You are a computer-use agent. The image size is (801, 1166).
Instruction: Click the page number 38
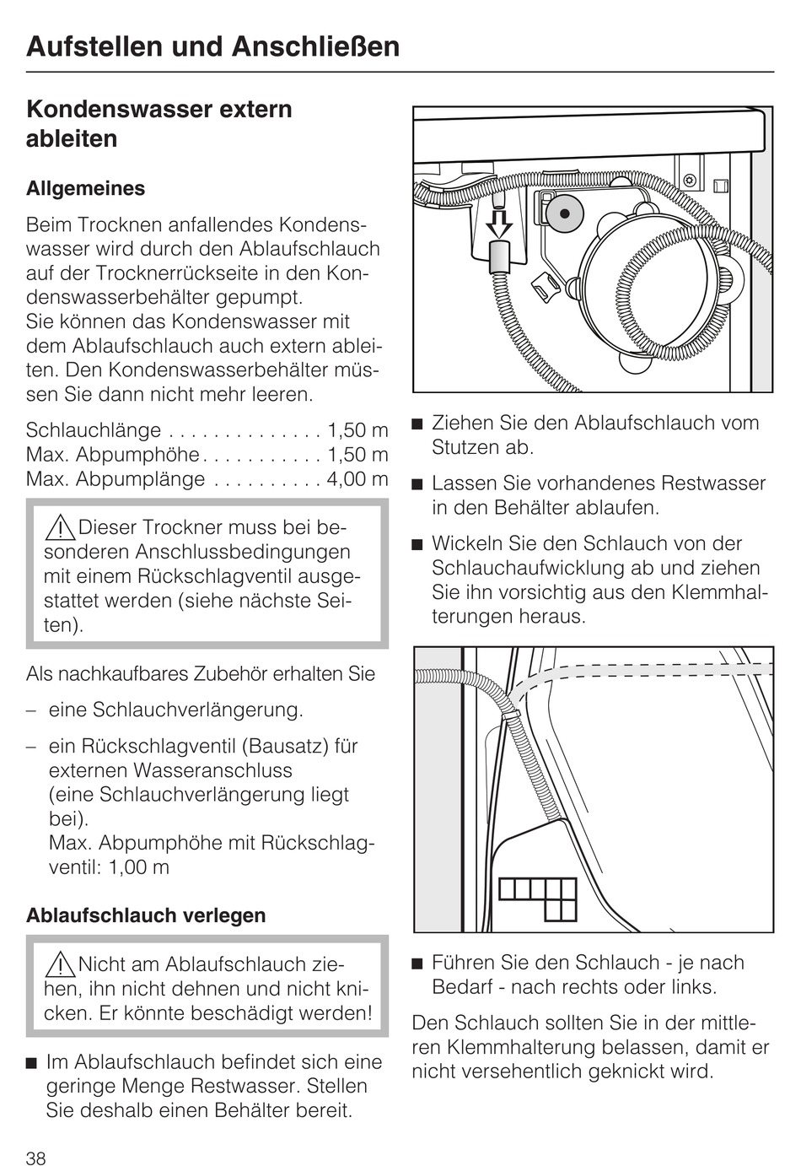pyautogui.click(x=36, y=1158)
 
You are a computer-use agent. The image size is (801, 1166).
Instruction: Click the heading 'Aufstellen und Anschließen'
pyautogui.click(x=212, y=46)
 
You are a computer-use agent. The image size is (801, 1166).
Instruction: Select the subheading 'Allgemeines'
pyautogui.click(x=85, y=188)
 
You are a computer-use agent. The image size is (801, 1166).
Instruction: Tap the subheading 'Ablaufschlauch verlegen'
pyautogui.click(x=146, y=915)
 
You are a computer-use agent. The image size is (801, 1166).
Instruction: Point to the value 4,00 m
pyautogui.click(x=357, y=479)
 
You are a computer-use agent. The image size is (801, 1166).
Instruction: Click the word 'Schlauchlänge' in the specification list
pyautogui.click(x=94, y=430)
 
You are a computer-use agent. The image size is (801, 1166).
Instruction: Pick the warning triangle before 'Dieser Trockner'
pyautogui.click(x=61, y=528)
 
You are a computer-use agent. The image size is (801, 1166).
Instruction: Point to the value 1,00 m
pyautogui.click(x=139, y=867)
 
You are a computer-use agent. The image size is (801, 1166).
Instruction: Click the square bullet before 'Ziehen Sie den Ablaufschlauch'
pyautogui.click(x=417, y=424)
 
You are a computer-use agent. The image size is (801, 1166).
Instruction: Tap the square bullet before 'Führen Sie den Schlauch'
pyautogui.click(x=417, y=963)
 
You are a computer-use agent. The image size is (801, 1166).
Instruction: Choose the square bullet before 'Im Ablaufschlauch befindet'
pyautogui.click(x=32, y=1062)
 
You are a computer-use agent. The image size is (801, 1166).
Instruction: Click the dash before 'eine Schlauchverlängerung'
pyautogui.click(x=31, y=710)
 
